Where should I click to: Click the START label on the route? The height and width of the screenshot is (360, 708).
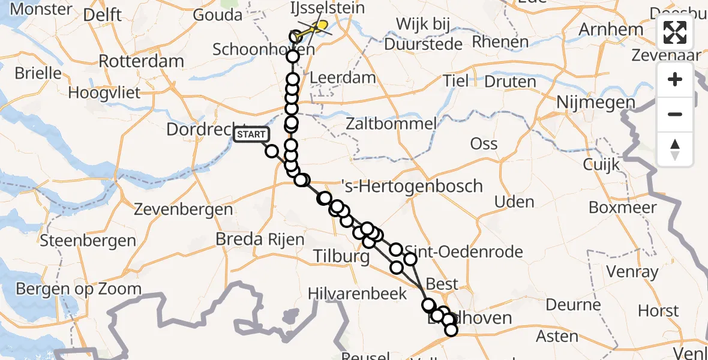pyautogui.click(x=251, y=134)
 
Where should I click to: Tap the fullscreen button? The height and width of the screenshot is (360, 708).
pyautogui.click(x=675, y=32)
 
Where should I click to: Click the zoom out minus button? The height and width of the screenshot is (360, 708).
pyautogui.click(x=675, y=114)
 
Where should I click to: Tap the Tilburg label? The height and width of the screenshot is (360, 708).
pyautogui.click(x=341, y=257)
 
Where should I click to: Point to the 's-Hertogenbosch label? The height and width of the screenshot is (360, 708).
pyautogui.click(x=411, y=186)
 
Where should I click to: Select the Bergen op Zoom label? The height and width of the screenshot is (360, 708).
pyautogui.click(x=78, y=289)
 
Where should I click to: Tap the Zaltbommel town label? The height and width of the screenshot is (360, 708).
pyautogui.click(x=391, y=124)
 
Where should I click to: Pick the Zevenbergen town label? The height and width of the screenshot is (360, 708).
pyautogui.click(x=184, y=210)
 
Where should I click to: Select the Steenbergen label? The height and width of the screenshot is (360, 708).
pyautogui.click(x=88, y=241)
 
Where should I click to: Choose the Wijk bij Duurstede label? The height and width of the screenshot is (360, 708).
pyautogui.click(x=424, y=34)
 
